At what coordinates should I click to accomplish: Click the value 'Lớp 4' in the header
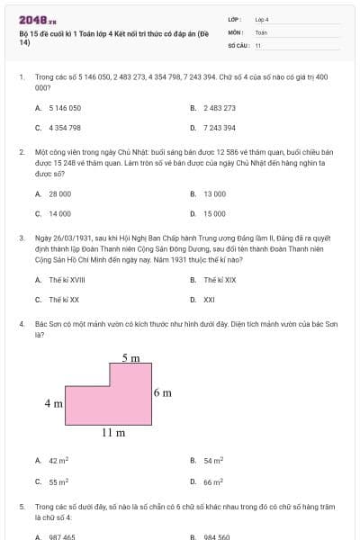coord(262,19)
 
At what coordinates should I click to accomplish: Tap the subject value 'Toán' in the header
coord(261,31)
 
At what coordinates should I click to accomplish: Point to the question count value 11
coord(258,44)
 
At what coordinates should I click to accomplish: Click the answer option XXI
coord(209,300)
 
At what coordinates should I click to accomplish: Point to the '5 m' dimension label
coord(130,358)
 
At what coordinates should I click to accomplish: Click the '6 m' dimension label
coord(162,392)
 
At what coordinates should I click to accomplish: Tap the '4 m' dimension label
coord(53,403)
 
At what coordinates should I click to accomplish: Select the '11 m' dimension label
coord(112,433)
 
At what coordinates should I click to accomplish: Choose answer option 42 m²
coord(58,461)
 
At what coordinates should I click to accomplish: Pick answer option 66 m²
coord(213,481)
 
